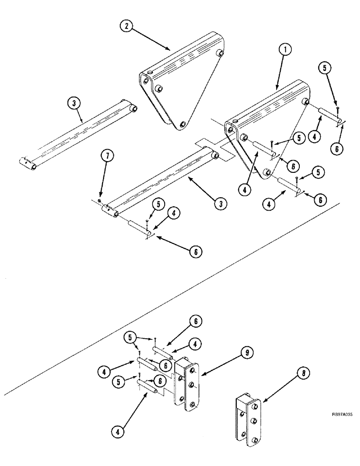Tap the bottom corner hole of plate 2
click(x=182, y=124)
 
